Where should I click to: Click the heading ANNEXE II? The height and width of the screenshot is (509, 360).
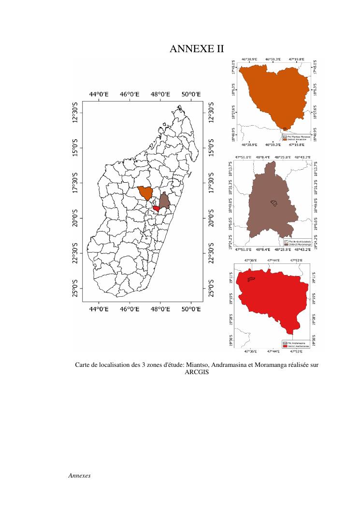(197, 49)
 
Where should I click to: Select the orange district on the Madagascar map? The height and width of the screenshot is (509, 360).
(144, 193)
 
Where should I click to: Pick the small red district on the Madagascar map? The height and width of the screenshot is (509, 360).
(156, 208)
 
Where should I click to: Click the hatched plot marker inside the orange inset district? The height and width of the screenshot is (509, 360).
(285, 129)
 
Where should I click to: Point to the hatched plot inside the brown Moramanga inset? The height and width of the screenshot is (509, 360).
(274, 204)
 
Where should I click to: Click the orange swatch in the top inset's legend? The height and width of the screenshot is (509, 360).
(285, 138)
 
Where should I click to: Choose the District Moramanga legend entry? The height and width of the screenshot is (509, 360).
(295, 244)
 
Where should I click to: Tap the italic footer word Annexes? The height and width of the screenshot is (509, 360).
(80, 475)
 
